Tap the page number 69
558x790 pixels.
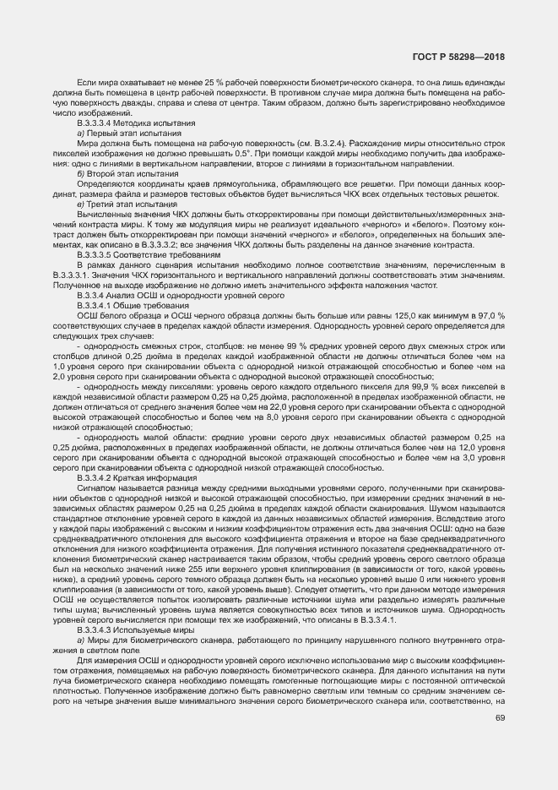[x=500, y=718]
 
